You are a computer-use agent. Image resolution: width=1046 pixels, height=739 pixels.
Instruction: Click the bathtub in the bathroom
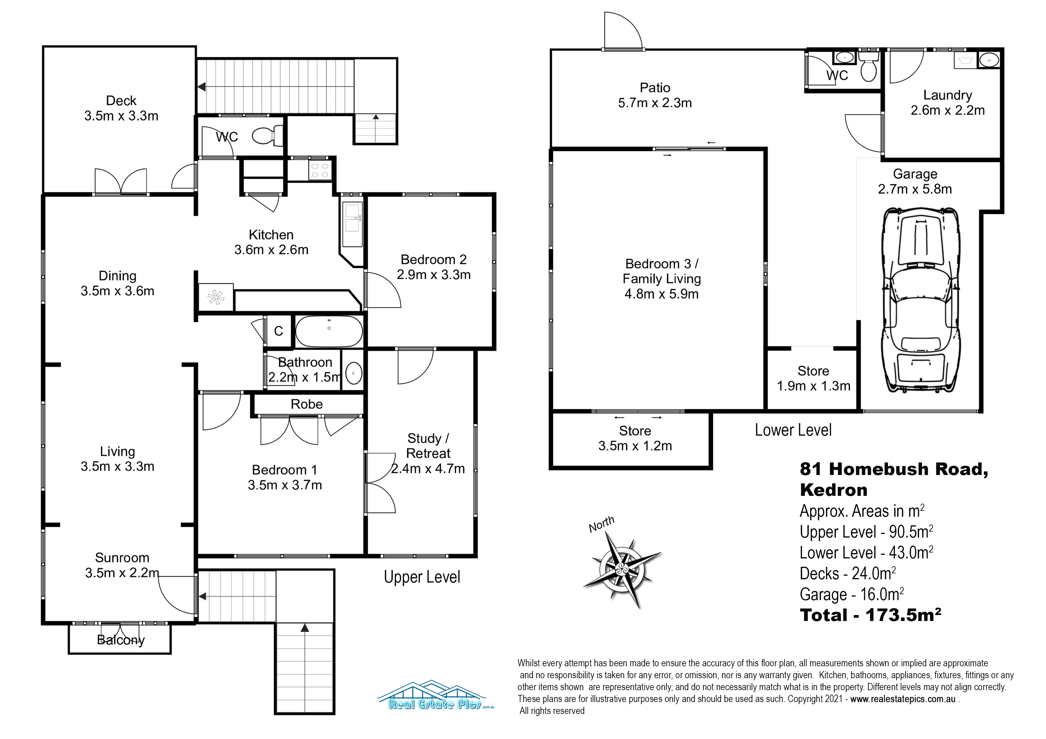[x=329, y=331]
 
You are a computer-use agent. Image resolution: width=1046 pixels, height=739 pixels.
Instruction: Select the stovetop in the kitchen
[x=319, y=170]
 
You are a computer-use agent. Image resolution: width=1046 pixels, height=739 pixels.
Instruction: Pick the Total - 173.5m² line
[x=871, y=615]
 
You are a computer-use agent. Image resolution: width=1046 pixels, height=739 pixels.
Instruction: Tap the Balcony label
[x=121, y=640]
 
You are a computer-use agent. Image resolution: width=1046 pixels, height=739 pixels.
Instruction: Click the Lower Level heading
[x=793, y=430]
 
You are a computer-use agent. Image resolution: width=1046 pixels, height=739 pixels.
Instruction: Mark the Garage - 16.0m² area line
[x=852, y=594]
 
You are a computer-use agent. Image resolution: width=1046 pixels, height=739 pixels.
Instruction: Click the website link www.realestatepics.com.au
[x=903, y=699]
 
